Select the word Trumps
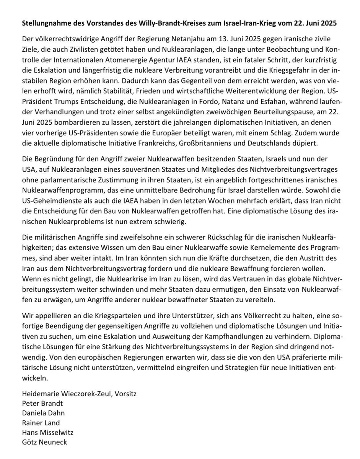point(61,114)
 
